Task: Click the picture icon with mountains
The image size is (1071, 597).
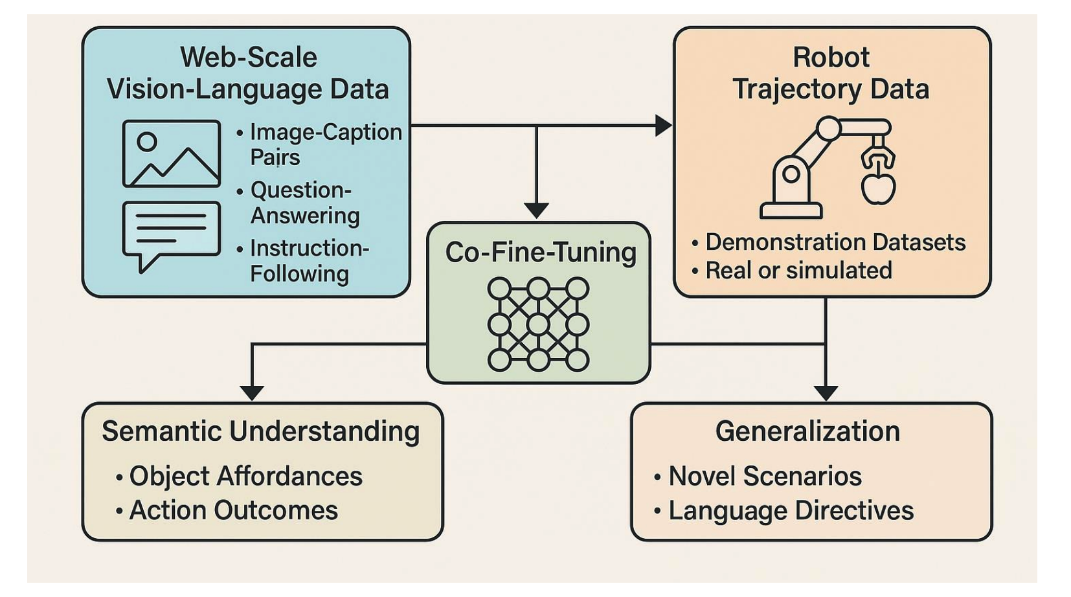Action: pyautogui.click(x=171, y=153)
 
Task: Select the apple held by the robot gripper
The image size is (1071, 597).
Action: pyautogui.click(x=877, y=187)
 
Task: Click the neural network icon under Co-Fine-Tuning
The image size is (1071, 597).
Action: pyautogui.click(x=538, y=324)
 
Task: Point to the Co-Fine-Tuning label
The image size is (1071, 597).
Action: pyautogui.click(x=541, y=252)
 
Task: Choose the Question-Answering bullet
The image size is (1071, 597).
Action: pyautogui.click(x=305, y=203)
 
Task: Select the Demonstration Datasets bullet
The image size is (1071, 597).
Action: pyautogui.click(x=835, y=242)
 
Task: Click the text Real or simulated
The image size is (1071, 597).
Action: pyautogui.click(x=798, y=271)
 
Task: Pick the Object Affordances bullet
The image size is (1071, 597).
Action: pyautogui.click(x=245, y=477)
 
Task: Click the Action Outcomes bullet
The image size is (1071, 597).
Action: pyautogui.click(x=233, y=511)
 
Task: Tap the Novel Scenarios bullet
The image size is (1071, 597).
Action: pyautogui.click(x=765, y=477)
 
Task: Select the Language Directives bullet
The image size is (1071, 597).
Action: pyautogui.click(x=791, y=511)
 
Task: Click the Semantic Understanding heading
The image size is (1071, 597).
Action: pyautogui.click(x=261, y=431)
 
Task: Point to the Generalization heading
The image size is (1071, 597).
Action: pyautogui.click(x=807, y=431)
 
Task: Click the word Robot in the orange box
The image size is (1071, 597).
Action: pyautogui.click(x=831, y=57)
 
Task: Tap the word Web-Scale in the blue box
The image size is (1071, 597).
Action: pyautogui.click(x=249, y=57)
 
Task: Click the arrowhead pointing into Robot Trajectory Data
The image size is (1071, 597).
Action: pyautogui.click(x=663, y=126)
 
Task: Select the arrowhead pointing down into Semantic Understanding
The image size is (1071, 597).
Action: pyautogui.click(x=252, y=392)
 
